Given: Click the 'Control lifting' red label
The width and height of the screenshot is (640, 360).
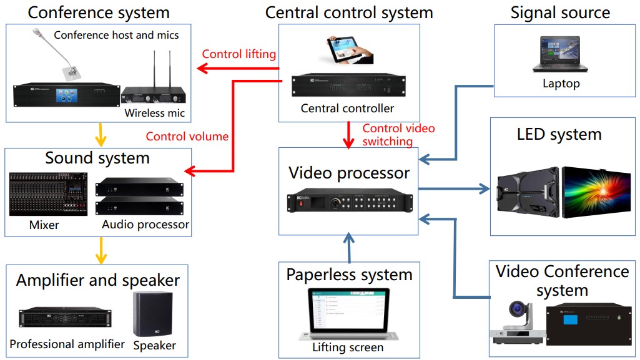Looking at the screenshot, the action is click(239, 54).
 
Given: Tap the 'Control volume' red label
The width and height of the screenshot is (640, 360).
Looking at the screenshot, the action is click(187, 136).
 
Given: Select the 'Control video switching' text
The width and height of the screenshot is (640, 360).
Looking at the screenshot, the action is click(398, 135).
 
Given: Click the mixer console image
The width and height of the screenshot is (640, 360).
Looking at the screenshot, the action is click(48, 194).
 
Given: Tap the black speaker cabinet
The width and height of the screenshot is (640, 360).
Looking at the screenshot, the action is click(152, 314).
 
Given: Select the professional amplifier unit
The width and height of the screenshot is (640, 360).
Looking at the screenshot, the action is click(66, 317).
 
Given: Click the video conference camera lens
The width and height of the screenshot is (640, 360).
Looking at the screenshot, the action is click(517, 308).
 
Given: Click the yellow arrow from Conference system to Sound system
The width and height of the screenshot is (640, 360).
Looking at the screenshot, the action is click(101, 135).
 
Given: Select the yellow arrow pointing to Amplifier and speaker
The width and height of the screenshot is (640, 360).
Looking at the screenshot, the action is click(101, 251).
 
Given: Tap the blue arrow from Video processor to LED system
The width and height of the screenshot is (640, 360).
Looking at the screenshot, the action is click(454, 188).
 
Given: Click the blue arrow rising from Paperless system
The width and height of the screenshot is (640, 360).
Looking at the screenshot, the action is click(349, 248).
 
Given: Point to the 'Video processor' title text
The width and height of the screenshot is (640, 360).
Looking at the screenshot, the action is click(349, 173).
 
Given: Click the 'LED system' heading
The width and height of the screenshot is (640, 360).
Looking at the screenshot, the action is click(559, 134).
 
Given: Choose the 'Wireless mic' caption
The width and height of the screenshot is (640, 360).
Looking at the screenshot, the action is click(155, 113).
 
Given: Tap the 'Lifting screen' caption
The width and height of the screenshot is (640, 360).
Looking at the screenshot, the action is click(348, 348).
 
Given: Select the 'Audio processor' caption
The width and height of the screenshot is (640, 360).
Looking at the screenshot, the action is click(145, 225).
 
